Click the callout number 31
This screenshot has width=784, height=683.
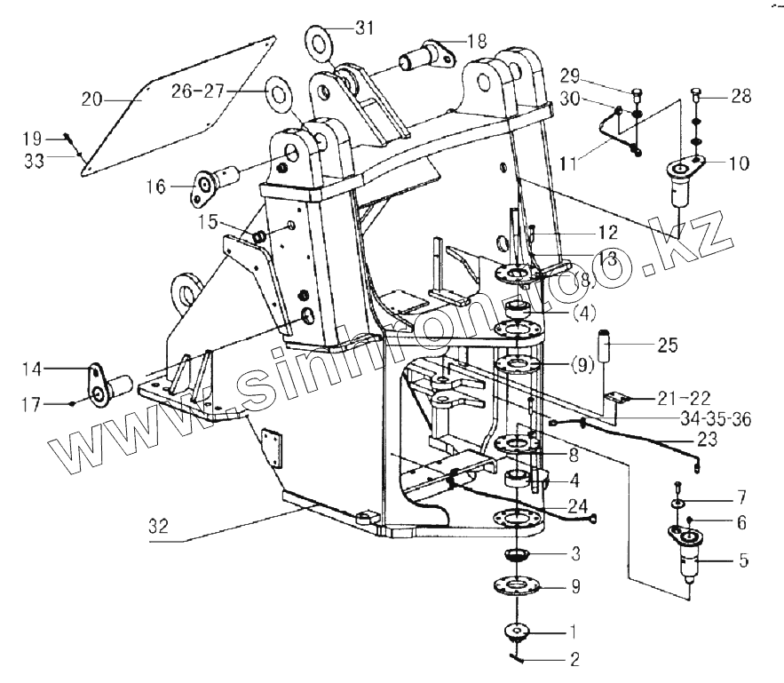(364, 28)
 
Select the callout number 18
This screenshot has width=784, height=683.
(477, 40)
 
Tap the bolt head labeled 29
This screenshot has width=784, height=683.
(637, 91)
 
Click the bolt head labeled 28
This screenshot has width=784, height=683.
(696, 91)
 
